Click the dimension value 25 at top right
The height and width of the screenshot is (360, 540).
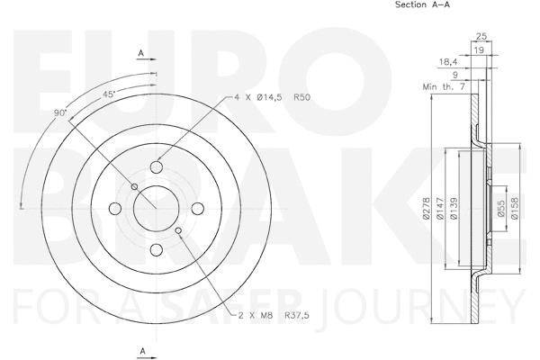coord(482,36)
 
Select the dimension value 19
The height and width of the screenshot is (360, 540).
coord(482,50)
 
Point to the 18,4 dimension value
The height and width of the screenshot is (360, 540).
coord(448,62)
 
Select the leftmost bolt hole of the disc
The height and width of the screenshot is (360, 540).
coord(114,209)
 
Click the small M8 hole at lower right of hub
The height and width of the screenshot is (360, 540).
coord(181,232)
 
